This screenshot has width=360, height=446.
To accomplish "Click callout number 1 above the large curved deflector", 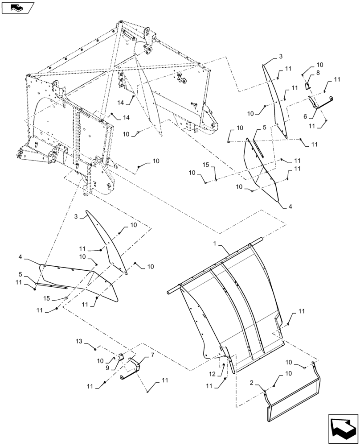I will (215, 244).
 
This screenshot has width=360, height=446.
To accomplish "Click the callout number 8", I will (318, 72).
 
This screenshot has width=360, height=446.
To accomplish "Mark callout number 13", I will (79, 341).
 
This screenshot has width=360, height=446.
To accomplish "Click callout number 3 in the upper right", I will (281, 56).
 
